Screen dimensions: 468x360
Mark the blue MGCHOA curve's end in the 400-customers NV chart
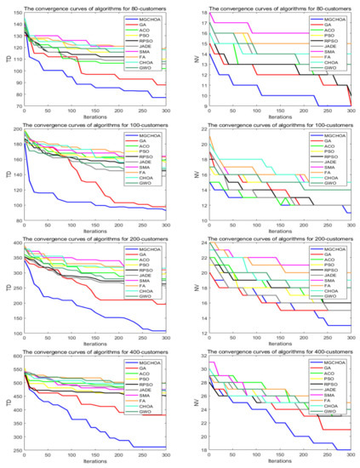pyautogui.click(x=350, y=449)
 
